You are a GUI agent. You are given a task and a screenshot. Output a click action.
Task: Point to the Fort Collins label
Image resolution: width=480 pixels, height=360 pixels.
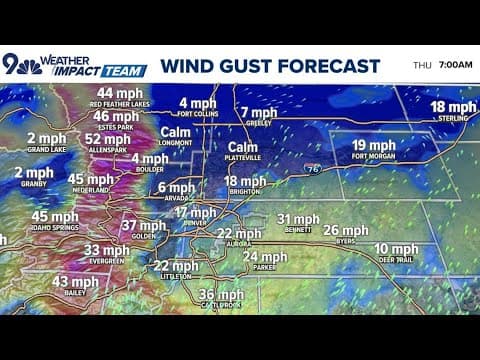click(x=198, y=113)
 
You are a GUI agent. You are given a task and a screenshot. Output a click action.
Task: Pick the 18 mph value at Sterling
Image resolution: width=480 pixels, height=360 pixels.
click(x=453, y=107)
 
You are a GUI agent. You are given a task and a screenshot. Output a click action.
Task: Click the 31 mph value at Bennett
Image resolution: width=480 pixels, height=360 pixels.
click(x=297, y=219)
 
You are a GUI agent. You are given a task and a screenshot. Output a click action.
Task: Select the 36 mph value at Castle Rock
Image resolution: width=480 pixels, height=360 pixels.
click(x=221, y=295)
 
